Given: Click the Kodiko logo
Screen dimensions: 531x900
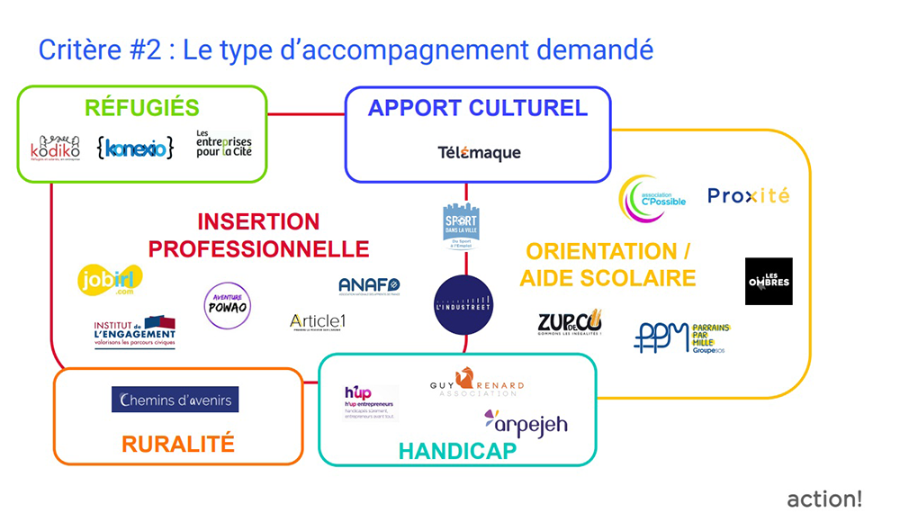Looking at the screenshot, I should pos(55,147).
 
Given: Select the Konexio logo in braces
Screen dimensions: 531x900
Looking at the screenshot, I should pos(135,147).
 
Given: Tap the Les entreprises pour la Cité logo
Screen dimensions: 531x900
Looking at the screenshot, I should pos(223,144).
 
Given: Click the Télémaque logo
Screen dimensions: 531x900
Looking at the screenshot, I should pos(478,153).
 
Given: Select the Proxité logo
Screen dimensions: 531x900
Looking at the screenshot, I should pos(748,195).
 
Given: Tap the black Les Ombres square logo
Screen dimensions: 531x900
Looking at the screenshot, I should pos(769,281).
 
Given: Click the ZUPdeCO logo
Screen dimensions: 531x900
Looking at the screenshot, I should pos(569,323).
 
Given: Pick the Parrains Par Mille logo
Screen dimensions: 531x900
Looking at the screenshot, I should pos(682,337).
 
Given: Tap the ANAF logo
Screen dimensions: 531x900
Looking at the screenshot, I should pos(369,286).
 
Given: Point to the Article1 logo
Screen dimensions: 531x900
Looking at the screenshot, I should pos(318,321).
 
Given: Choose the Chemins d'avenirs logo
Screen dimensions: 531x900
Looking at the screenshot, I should pos(175,400).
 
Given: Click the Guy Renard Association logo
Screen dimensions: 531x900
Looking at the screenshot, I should pos(476,383).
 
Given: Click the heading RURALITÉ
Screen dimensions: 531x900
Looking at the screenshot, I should pos(177,443).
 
